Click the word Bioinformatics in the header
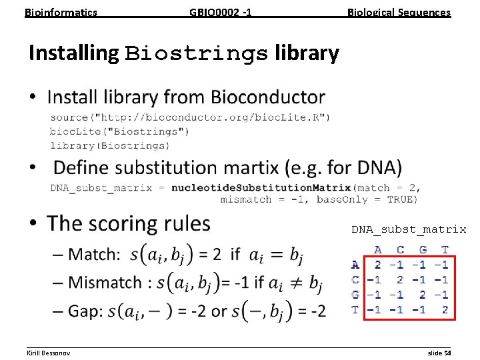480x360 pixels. [x=61, y=12]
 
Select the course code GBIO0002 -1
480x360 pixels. [x=221, y=12]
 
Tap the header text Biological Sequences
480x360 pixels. [x=399, y=12]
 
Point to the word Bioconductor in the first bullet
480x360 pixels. [x=267, y=97]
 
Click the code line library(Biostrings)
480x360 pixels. [x=109, y=145]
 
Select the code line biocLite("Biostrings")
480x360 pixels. [x=119, y=131]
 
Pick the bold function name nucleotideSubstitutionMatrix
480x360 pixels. [x=261, y=187]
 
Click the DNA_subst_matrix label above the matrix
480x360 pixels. [x=409, y=229]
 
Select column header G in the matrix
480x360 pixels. [x=423, y=250]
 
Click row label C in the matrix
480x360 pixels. [x=355, y=280]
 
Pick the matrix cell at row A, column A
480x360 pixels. [x=378, y=265]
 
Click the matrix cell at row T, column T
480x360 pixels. [x=445, y=309]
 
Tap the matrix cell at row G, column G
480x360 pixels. [x=423, y=295]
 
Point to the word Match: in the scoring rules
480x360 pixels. [x=95, y=254]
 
